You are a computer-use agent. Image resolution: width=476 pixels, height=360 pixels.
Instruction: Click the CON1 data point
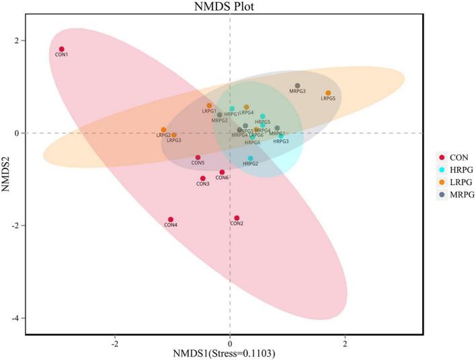click(x=61, y=49)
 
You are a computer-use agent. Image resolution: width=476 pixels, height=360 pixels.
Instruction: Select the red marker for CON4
click(x=171, y=219)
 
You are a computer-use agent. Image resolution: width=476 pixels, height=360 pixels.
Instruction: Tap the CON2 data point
click(x=237, y=218)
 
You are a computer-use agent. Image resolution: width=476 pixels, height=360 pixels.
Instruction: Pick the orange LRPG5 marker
click(x=328, y=93)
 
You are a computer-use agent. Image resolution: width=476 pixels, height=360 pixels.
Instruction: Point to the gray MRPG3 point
click(x=297, y=85)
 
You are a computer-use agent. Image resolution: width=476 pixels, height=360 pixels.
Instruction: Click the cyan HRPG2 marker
click(x=251, y=159)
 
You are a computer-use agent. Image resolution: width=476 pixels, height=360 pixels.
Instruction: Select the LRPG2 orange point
click(x=163, y=130)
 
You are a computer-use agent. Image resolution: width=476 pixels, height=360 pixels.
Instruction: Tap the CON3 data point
click(x=203, y=178)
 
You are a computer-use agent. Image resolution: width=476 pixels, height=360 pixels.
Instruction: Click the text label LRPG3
click(x=174, y=141)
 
